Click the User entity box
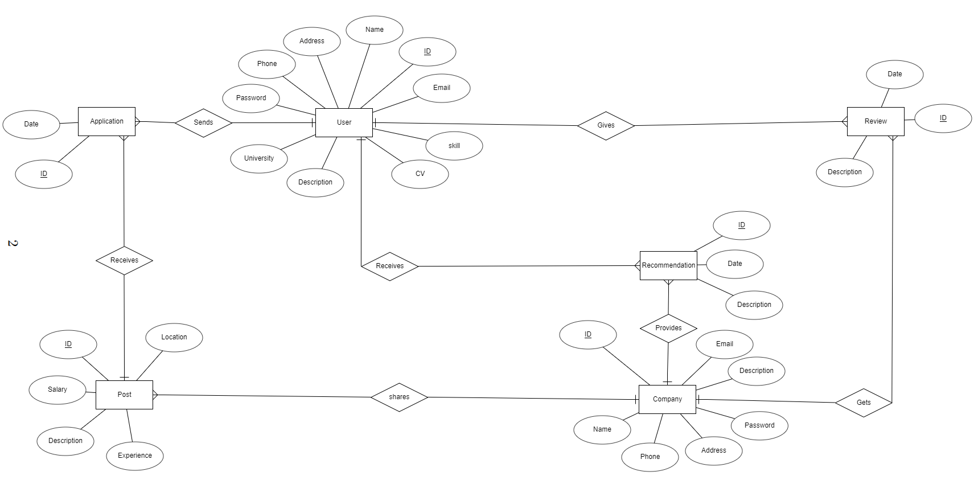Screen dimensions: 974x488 (x=344, y=122)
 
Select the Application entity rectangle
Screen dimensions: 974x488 (x=106, y=121)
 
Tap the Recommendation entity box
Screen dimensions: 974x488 (x=668, y=265)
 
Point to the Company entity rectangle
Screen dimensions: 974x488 (x=667, y=399)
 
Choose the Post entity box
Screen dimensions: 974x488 (x=124, y=395)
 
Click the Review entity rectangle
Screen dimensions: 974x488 (x=876, y=121)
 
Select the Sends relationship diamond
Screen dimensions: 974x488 (x=203, y=122)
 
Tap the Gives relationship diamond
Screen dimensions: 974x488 (x=606, y=125)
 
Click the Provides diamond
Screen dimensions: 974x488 (x=668, y=328)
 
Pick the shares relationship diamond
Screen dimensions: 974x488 (x=399, y=397)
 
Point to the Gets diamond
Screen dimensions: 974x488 (x=864, y=403)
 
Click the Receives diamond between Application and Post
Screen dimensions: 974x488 (x=124, y=260)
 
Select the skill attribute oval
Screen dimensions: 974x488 (x=454, y=146)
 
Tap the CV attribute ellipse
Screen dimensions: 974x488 (x=420, y=174)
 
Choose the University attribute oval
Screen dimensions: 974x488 (x=259, y=158)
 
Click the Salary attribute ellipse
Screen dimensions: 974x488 (x=57, y=389)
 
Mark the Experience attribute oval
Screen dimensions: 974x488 (x=135, y=456)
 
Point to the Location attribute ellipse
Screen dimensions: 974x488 (x=174, y=337)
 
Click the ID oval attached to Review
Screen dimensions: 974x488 (x=943, y=118)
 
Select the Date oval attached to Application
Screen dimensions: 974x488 (x=31, y=124)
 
